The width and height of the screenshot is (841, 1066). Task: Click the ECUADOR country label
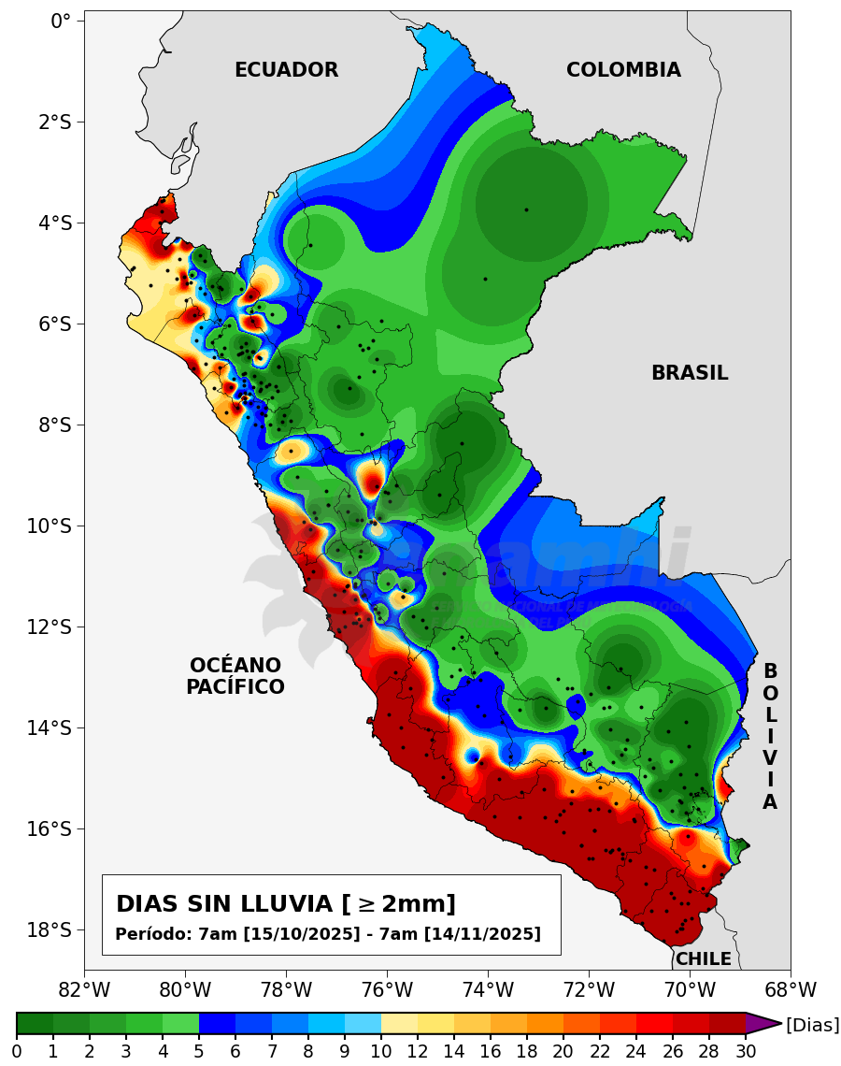coord(286,70)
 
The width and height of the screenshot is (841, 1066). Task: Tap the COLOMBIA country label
coord(623,70)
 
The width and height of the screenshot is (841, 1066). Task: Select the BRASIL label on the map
coord(690,373)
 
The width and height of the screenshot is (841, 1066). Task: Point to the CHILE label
coord(704,959)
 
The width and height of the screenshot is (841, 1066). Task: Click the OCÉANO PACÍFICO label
coord(235,676)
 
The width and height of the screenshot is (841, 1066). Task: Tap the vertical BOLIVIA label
coord(770,737)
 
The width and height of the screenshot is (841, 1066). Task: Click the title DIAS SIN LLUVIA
coord(286,904)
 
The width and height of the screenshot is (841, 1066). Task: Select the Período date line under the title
coord(328,934)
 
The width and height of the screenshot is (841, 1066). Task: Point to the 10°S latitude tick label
coord(49,526)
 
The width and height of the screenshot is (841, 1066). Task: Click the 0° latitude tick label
coord(61,21)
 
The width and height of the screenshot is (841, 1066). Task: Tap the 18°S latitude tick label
coord(49,929)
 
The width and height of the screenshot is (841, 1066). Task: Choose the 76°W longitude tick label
coord(387,989)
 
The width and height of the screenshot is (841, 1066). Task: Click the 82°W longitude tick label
coord(84,989)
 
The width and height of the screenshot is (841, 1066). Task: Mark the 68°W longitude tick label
coord(791,989)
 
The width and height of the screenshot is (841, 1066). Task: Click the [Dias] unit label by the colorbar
coord(812,1025)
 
